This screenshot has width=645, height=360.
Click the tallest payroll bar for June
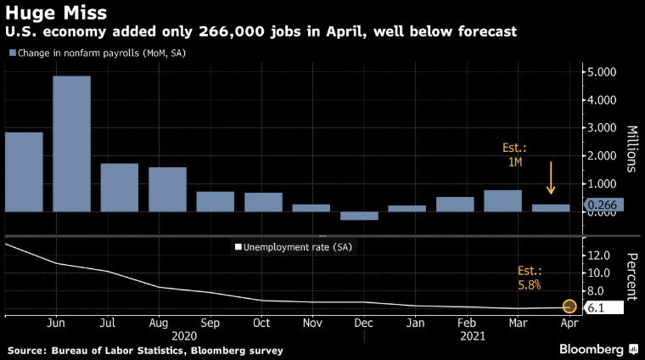tap(72, 143)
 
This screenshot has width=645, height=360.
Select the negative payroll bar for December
tap(359, 216)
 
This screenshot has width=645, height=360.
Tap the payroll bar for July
tap(120, 187)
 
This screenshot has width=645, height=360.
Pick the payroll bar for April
tap(551, 207)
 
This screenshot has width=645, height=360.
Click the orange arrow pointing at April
tap(550, 179)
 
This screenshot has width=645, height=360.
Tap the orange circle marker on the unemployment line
tap(569, 307)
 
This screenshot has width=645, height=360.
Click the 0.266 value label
tap(603, 204)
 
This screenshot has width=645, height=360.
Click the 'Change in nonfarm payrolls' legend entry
tap(97, 53)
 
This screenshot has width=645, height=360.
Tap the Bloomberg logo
tap(597, 349)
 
